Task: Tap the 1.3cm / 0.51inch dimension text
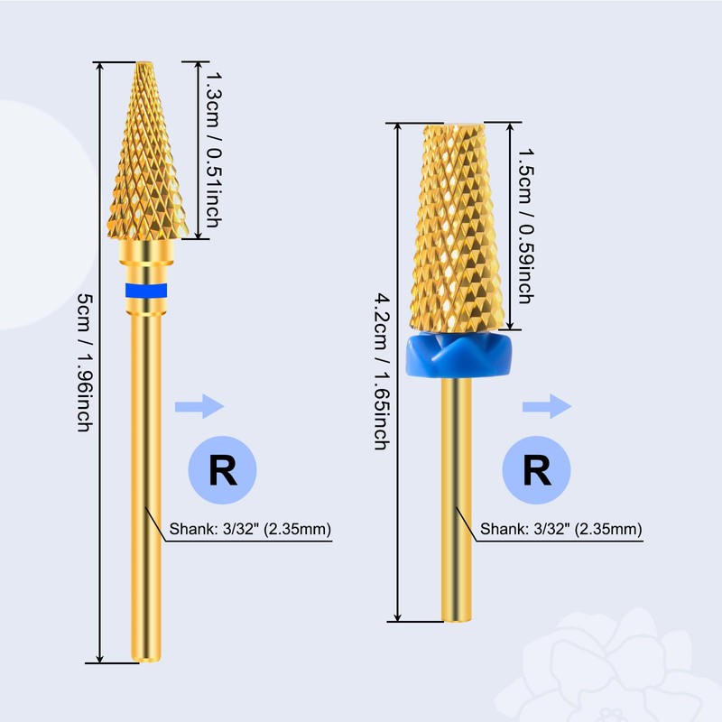[213, 150]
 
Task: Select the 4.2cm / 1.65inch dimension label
[382, 371]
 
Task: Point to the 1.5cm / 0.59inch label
[526, 226]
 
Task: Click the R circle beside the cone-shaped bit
[222, 469]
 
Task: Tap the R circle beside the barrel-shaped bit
[536, 469]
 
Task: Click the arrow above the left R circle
[199, 407]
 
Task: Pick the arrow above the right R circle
[547, 407]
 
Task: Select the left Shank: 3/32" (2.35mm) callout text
[250, 529]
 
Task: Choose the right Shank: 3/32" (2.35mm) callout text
[560, 529]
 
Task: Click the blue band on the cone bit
[146, 291]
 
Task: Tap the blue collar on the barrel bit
[459, 356]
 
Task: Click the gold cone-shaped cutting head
[147, 151]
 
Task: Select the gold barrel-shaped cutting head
[458, 227]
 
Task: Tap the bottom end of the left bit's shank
[146, 661]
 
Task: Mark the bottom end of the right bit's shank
[457, 620]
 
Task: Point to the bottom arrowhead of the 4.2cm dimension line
[398, 617]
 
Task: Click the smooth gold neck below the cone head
[146, 254]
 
